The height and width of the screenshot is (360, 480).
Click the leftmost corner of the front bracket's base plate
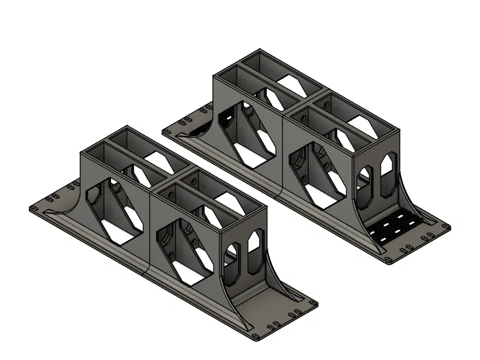coord(31,208)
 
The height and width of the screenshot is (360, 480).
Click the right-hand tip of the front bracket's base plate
coord(317,304)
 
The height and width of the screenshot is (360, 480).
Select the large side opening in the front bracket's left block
coord(117,212)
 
